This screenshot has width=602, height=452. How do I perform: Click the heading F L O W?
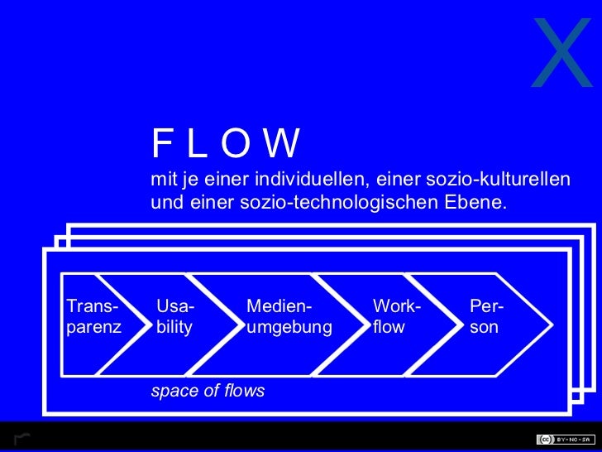[x=224, y=144]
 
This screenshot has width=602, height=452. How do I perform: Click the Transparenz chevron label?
[x=93, y=317]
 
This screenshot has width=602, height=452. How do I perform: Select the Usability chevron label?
[x=175, y=317]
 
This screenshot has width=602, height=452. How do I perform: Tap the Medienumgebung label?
[x=289, y=317]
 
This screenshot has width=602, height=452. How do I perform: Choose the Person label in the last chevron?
[x=487, y=317]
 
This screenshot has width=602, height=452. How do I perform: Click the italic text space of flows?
[x=208, y=391]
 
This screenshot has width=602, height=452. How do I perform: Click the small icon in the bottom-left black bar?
[x=21, y=438]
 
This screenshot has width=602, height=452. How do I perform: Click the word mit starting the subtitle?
[x=162, y=180]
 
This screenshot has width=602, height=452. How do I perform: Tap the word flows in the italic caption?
[x=244, y=391]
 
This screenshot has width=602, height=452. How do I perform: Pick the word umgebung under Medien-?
[x=289, y=328]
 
